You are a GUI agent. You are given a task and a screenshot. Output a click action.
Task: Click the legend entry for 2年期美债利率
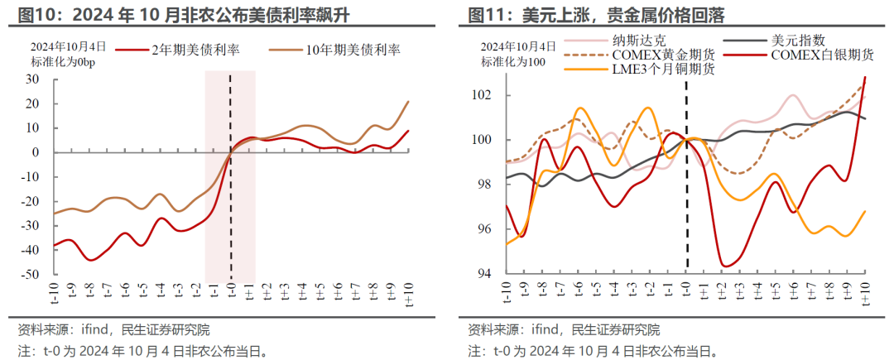tap(196, 50)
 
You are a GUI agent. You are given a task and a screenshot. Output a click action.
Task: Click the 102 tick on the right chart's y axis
tap(483, 95)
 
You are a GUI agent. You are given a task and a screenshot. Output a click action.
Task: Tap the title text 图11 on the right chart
tap(485, 14)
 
